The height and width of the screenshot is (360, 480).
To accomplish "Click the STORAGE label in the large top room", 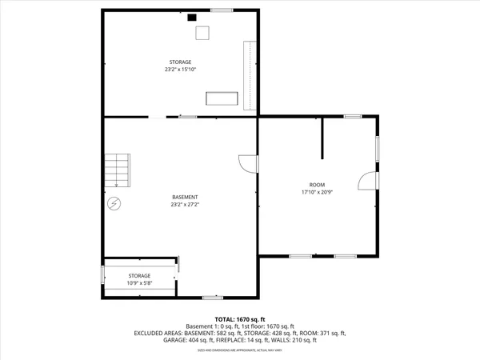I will [x=180, y=62].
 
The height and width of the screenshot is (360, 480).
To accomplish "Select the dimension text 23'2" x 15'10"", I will [x=180, y=70].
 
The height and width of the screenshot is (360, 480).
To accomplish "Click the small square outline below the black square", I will [x=202, y=32].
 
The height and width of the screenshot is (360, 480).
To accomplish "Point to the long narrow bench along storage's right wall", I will [x=249, y=75].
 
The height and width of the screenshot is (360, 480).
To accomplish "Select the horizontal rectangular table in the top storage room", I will [x=222, y=98].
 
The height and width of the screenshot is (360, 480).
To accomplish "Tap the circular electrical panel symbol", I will [x=114, y=204].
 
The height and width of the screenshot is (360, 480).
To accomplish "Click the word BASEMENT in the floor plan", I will [x=185, y=197].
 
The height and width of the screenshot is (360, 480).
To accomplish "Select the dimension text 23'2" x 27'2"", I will [x=185, y=205].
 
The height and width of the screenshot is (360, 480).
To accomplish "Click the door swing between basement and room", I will [x=247, y=162].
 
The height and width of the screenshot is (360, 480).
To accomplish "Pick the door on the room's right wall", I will [x=366, y=181].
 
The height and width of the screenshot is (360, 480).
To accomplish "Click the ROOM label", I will [x=318, y=184].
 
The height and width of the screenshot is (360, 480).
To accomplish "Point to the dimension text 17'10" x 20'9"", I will [x=318, y=192].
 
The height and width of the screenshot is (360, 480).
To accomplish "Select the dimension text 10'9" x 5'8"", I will [x=139, y=283].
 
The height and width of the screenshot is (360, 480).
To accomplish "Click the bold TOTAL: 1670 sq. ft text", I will [x=240, y=319].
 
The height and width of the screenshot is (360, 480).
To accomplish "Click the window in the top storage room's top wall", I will [x=222, y=10].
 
